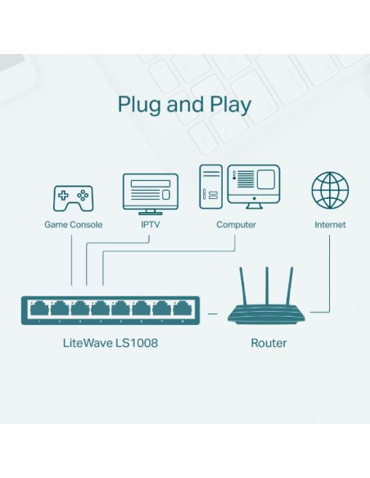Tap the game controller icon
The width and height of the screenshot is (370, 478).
click(73, 197)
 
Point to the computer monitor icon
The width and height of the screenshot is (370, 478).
click(254, 187)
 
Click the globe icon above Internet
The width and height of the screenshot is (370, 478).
click(330, 191)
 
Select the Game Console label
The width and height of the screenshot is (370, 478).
click(73, 224)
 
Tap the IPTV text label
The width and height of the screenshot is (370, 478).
click(150, 224)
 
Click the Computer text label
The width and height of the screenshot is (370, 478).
click(236, 224)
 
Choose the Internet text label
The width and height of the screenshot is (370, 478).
click(330, 224)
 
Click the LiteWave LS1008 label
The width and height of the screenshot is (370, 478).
click(111, 343)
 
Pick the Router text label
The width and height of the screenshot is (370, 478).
click(268, 343)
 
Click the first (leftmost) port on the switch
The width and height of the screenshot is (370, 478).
click(38, 309)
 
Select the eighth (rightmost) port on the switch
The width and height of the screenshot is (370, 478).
click(183, 309)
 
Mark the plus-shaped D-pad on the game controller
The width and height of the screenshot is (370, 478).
click(64, 196)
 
